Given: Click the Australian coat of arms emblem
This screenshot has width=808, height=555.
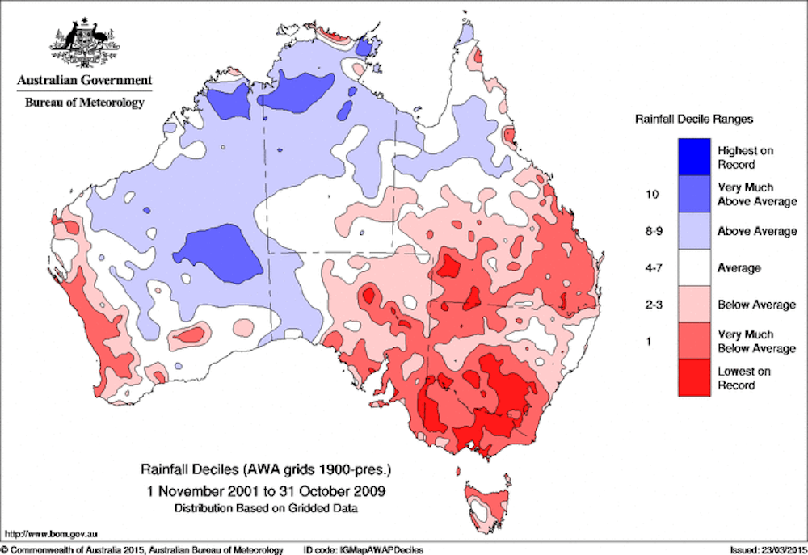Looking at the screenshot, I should coord(83,42).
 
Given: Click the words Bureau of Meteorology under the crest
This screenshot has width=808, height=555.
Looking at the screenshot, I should coord(84,103).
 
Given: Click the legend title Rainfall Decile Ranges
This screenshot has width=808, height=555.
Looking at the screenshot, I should coord(693,119).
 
